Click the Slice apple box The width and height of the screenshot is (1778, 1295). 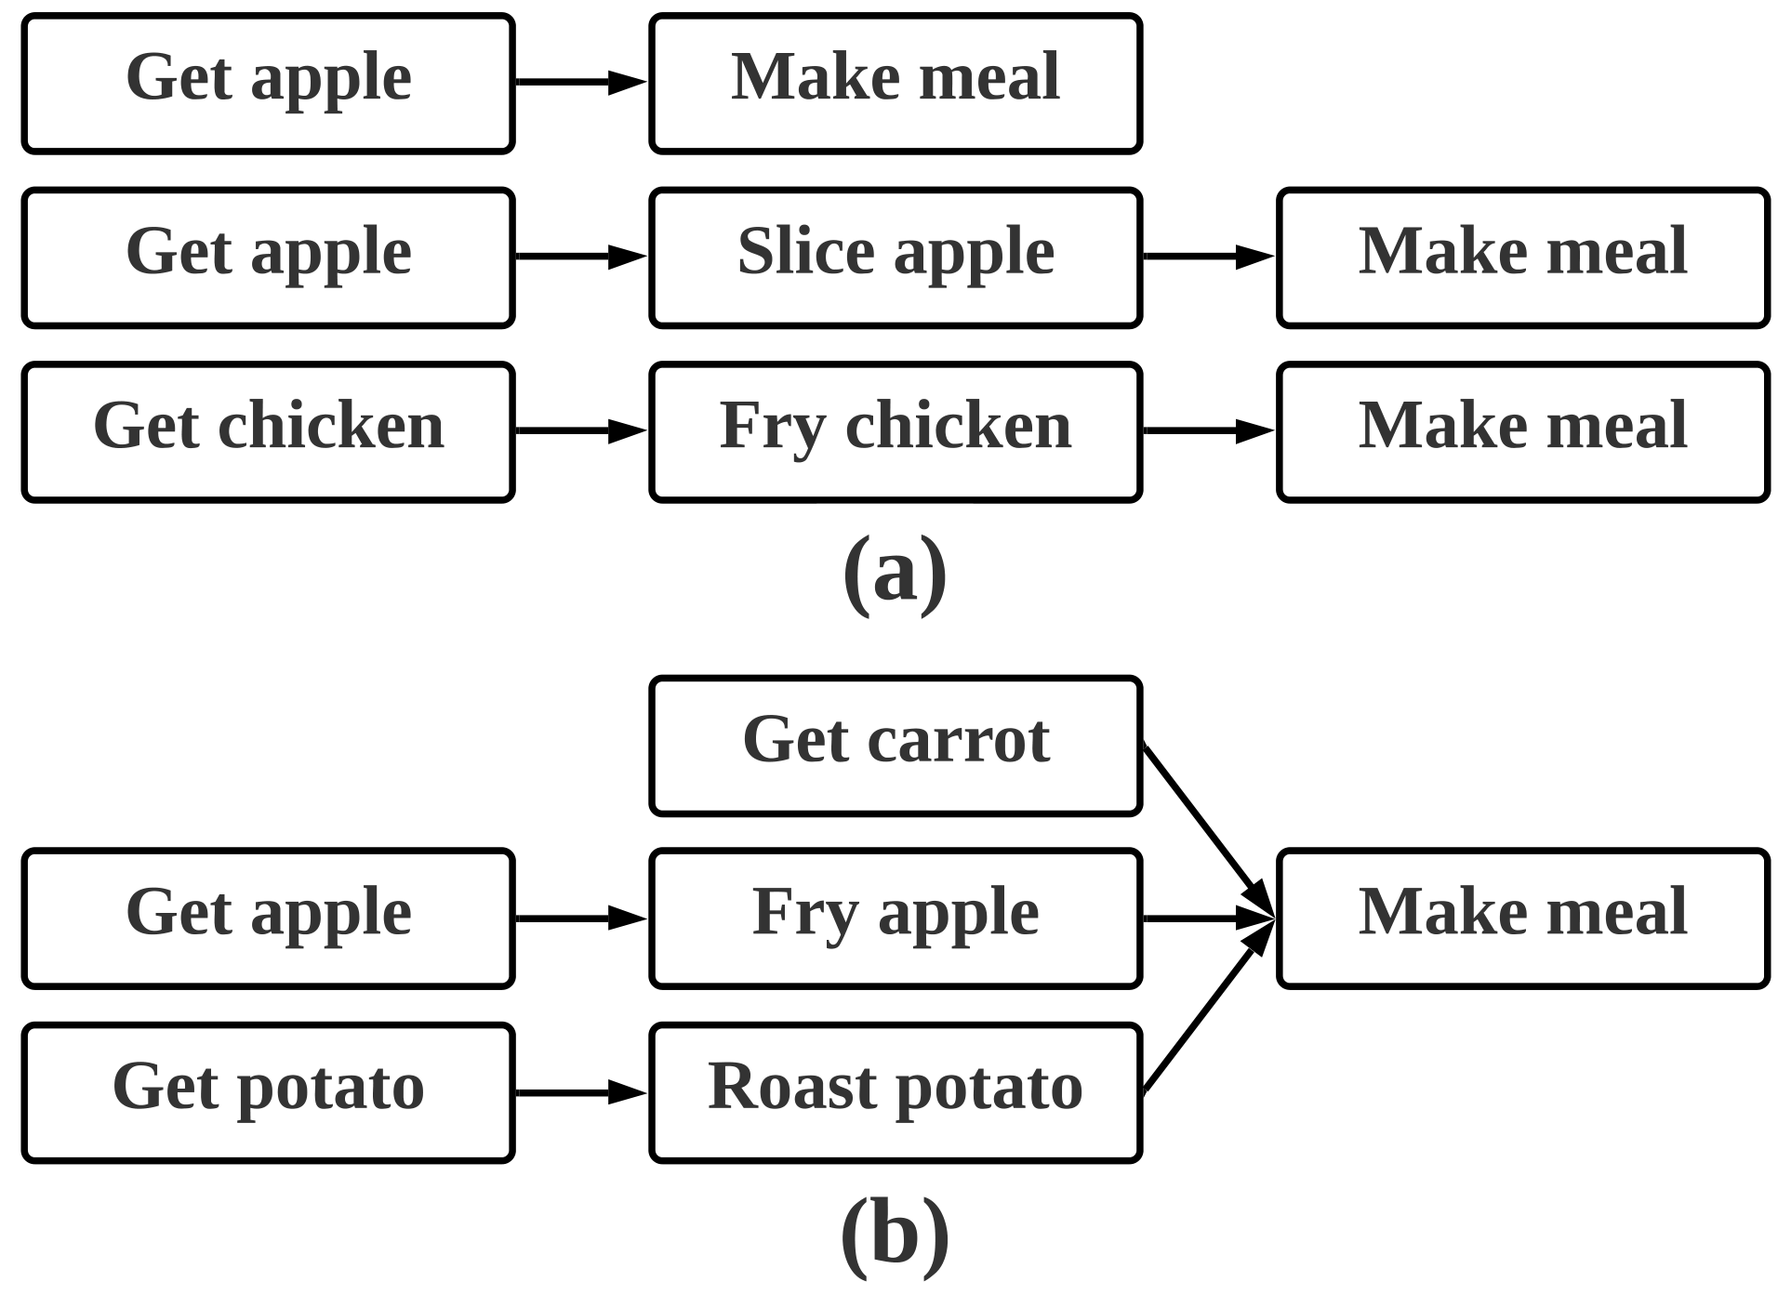(895, 258)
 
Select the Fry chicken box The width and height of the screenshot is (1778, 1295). (895, 432)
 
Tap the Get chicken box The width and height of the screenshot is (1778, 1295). (268, 432)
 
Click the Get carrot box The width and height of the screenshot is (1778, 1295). (895, 746)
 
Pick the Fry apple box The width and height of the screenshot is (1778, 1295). (895, 918)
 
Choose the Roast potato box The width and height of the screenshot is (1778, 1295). (895, 1092)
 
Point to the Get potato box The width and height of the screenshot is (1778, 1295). (268, 1092)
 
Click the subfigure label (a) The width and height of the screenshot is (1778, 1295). (895, 573)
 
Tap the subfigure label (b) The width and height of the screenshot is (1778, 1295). (895, 1235)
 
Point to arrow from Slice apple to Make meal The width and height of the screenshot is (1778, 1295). (1207, 256)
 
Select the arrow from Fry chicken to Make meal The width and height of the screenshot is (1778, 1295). (1207, 430)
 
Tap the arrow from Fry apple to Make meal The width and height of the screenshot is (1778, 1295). (1207, 918)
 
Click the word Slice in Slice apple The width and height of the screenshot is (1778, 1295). (805, 251)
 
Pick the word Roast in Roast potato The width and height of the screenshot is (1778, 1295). (778, 1086)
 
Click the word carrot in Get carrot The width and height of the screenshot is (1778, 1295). (958, 740)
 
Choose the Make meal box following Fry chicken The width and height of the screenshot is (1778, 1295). (1522, 432)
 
